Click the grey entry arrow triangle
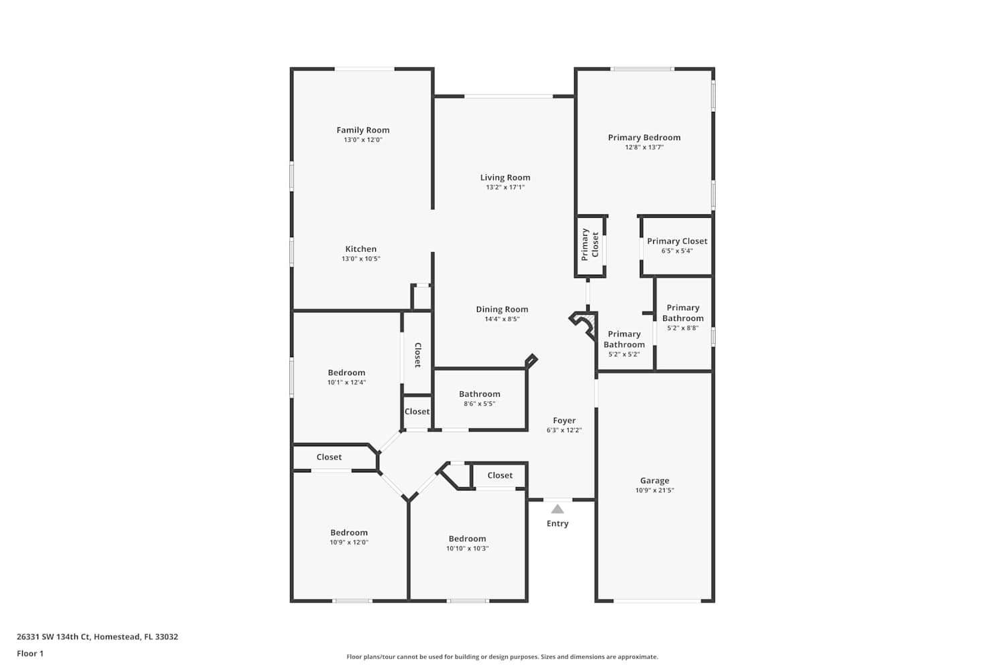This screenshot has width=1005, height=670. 557,509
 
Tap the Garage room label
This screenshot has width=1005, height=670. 655,480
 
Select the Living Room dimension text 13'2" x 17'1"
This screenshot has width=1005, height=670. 505,187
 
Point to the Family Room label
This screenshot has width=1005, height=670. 363,130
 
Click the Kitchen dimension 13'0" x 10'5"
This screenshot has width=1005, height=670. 360,259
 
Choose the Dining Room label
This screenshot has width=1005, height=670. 502,309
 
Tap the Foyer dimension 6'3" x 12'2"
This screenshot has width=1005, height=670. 564,430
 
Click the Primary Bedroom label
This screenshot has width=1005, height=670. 645,138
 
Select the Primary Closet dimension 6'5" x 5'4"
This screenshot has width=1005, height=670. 677,251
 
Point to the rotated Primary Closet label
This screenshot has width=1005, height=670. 590,245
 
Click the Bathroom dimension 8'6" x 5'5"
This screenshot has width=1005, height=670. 480,404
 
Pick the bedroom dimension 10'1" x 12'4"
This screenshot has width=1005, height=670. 346,383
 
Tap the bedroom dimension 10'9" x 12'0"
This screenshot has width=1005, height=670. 349,542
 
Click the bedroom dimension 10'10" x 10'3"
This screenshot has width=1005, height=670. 467,548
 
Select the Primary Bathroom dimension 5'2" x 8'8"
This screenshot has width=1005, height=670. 683,328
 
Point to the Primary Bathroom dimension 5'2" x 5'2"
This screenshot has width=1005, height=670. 624,354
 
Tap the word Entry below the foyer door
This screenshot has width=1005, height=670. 557,524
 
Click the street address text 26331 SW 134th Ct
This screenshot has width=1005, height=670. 54,636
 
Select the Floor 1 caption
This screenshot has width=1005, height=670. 30,653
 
